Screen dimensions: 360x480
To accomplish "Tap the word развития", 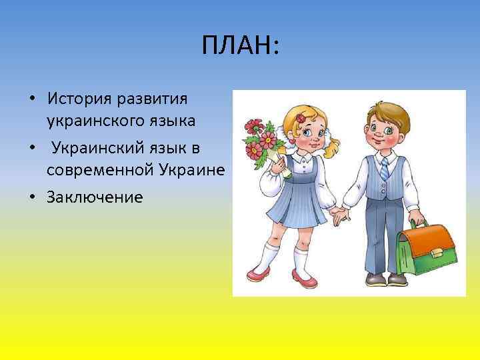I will [153, 98].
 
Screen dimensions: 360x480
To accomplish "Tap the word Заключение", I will [95, 197].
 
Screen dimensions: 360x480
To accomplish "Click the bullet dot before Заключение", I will [32, 197].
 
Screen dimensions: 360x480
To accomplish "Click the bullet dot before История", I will [32, 99].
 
